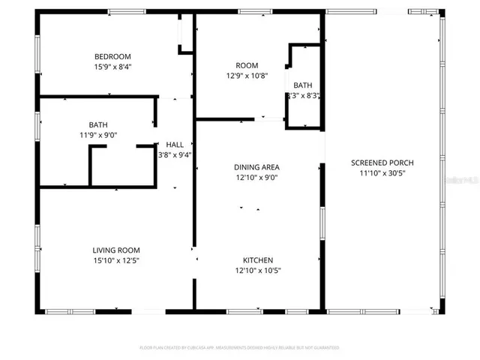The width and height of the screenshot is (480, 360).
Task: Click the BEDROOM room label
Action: [112, 56]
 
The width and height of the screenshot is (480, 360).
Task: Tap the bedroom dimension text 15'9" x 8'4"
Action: [112, 67]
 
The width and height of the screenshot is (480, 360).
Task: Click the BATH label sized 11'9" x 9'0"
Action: [97, 124]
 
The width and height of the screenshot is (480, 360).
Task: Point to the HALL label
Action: [174, 145]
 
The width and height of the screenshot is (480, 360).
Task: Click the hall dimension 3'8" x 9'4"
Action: [174, 155]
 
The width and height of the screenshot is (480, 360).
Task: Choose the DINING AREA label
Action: [257, 167]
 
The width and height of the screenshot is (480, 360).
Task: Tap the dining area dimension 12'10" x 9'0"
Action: [257, 178]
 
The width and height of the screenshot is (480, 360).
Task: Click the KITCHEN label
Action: [257, 260]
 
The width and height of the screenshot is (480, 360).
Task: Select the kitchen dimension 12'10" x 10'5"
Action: [257, 271]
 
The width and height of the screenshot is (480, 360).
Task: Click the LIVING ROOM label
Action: [116, 250]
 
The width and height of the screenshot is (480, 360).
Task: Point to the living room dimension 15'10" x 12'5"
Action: [116, 260]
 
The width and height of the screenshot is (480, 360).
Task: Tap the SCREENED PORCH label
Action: [382, 162]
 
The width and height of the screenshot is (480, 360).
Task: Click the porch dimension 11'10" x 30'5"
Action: [382, 172]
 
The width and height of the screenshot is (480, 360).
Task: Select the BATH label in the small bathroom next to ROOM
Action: [303, 85]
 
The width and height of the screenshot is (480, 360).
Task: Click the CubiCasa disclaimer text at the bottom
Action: [240, 348]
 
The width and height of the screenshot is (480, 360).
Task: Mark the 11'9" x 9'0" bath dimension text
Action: [97, 135]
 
